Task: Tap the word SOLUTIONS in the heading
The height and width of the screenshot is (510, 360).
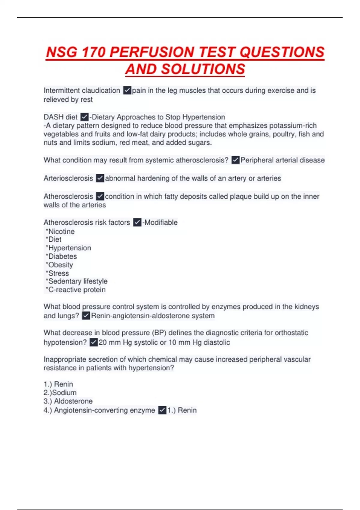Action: [x=203, y=69]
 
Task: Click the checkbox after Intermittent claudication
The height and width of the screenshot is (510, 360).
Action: [x=127, y=90]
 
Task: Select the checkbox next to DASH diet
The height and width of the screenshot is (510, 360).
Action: [x=85, y=117]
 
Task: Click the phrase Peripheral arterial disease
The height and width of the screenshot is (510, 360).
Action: [x=282, y=160]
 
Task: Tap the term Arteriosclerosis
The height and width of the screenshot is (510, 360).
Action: [x=68, y=178]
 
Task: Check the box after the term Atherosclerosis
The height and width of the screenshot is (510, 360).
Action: [x=100, y=196]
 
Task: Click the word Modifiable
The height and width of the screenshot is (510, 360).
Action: [x=161, y=223]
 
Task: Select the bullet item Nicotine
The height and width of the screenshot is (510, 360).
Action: [x=61, y=232]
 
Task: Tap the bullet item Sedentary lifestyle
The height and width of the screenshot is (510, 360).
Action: [x=78, y=281]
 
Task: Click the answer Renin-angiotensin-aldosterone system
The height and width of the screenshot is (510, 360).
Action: [x=153, y=316]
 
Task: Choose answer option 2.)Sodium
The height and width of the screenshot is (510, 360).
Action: [x=60, y=393]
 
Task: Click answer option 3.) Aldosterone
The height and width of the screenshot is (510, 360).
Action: [x=68, y=401]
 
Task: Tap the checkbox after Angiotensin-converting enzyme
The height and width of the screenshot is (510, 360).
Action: [x=162, y=410]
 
